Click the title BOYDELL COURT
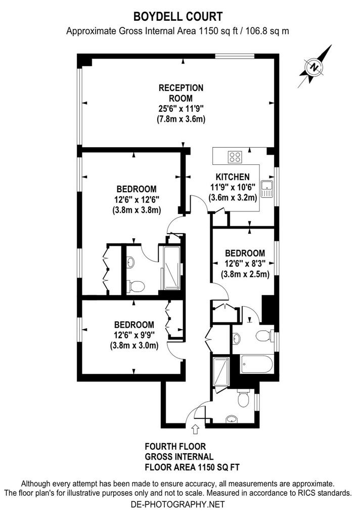click(x=178, y=16)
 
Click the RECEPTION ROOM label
click(x=181, y=93)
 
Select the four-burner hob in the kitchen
click(x=235, y=157)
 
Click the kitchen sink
click(x=266, y=189)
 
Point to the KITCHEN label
click(x=233, y=177)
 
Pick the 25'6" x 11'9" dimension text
click(x=181, y=108)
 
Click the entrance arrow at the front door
click(x=195, y=429)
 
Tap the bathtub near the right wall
click(x=257, y=364)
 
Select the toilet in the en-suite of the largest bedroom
click(x=136, y=286)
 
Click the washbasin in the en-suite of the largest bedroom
click(x=131, y=263)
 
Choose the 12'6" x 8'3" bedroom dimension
click(x=244, y=263)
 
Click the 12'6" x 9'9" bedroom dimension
click(x=134, y=335)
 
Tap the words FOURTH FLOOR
click(x=175, y=447)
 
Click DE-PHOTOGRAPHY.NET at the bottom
click(x=177, y=504)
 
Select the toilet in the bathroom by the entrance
click(x=243, y=399)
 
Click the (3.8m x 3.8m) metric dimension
click(x=137, y=210)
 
